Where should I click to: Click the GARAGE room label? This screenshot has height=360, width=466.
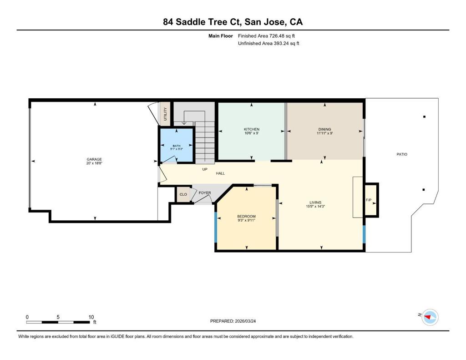click(x=94, y=159)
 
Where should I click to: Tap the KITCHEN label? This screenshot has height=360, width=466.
click(x=251, y=129)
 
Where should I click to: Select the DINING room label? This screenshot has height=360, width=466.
click(x=324, y=129)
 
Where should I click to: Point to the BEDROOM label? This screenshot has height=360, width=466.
click(x=246, y=217)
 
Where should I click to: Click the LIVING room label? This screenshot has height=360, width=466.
click(x=315, y=203)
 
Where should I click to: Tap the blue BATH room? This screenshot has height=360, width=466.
click(x=177, y=145)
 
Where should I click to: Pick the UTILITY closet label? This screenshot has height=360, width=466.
click(x=165, y=114)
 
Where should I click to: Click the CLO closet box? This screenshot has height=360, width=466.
click(x=183, y=194)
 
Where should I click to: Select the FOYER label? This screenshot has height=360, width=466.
click(x=205, y=193)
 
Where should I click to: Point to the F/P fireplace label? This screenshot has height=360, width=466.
click(x=369, y=200)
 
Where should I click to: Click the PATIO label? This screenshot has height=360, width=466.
click(x=402, y=154)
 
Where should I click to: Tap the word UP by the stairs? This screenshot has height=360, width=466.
click(x=205, y=169)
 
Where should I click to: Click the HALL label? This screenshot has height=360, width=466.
click(x=220, y=173)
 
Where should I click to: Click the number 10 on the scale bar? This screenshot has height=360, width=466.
click(x=91, y=317)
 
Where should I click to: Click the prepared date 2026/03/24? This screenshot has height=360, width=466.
click(x=245, y=321)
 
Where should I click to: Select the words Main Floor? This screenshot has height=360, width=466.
click(x=221, y=36)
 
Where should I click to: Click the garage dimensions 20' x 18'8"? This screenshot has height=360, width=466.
click(x=94, y=163)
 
